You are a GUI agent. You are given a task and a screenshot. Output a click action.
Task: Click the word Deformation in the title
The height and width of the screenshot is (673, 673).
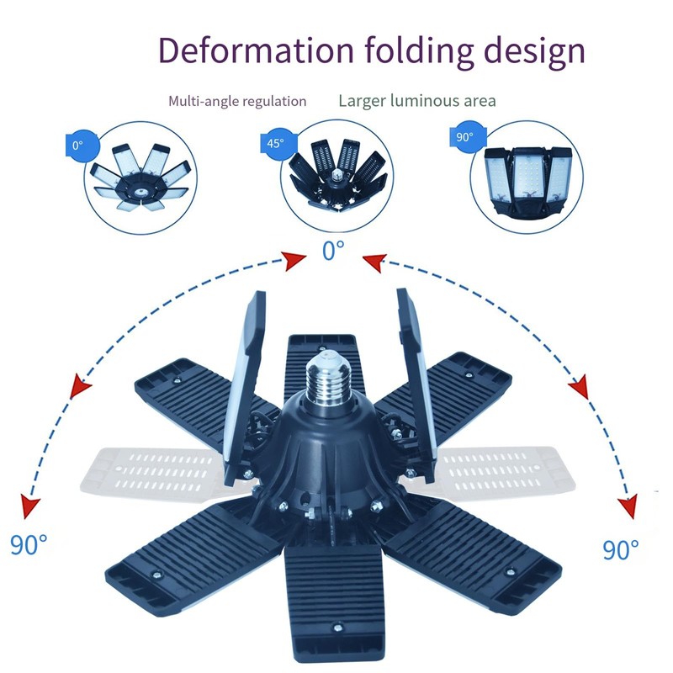point(257,50)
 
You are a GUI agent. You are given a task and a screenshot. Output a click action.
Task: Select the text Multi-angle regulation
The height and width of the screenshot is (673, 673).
point(237,101)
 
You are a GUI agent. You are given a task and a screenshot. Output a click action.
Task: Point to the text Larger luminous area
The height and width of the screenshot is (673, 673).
point(417,101)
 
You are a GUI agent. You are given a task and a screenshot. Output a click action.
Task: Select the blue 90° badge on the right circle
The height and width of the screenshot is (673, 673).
point(467,136)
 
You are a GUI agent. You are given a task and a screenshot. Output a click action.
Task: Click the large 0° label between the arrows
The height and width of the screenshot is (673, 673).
point(333,250)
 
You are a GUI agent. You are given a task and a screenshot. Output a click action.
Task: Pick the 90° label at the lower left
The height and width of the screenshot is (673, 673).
point(29,544)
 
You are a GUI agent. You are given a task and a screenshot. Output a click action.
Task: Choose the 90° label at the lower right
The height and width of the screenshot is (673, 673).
point(621,549)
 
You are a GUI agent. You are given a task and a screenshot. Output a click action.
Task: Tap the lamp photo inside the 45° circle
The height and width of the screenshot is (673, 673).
point(338,175)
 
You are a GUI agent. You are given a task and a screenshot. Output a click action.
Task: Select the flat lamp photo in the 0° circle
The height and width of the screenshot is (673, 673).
point(140,178)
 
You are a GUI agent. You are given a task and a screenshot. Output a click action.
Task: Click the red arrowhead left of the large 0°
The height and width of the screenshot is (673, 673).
point(294,260)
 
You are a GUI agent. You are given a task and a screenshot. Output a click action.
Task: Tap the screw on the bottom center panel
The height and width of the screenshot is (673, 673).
point(338,628)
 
